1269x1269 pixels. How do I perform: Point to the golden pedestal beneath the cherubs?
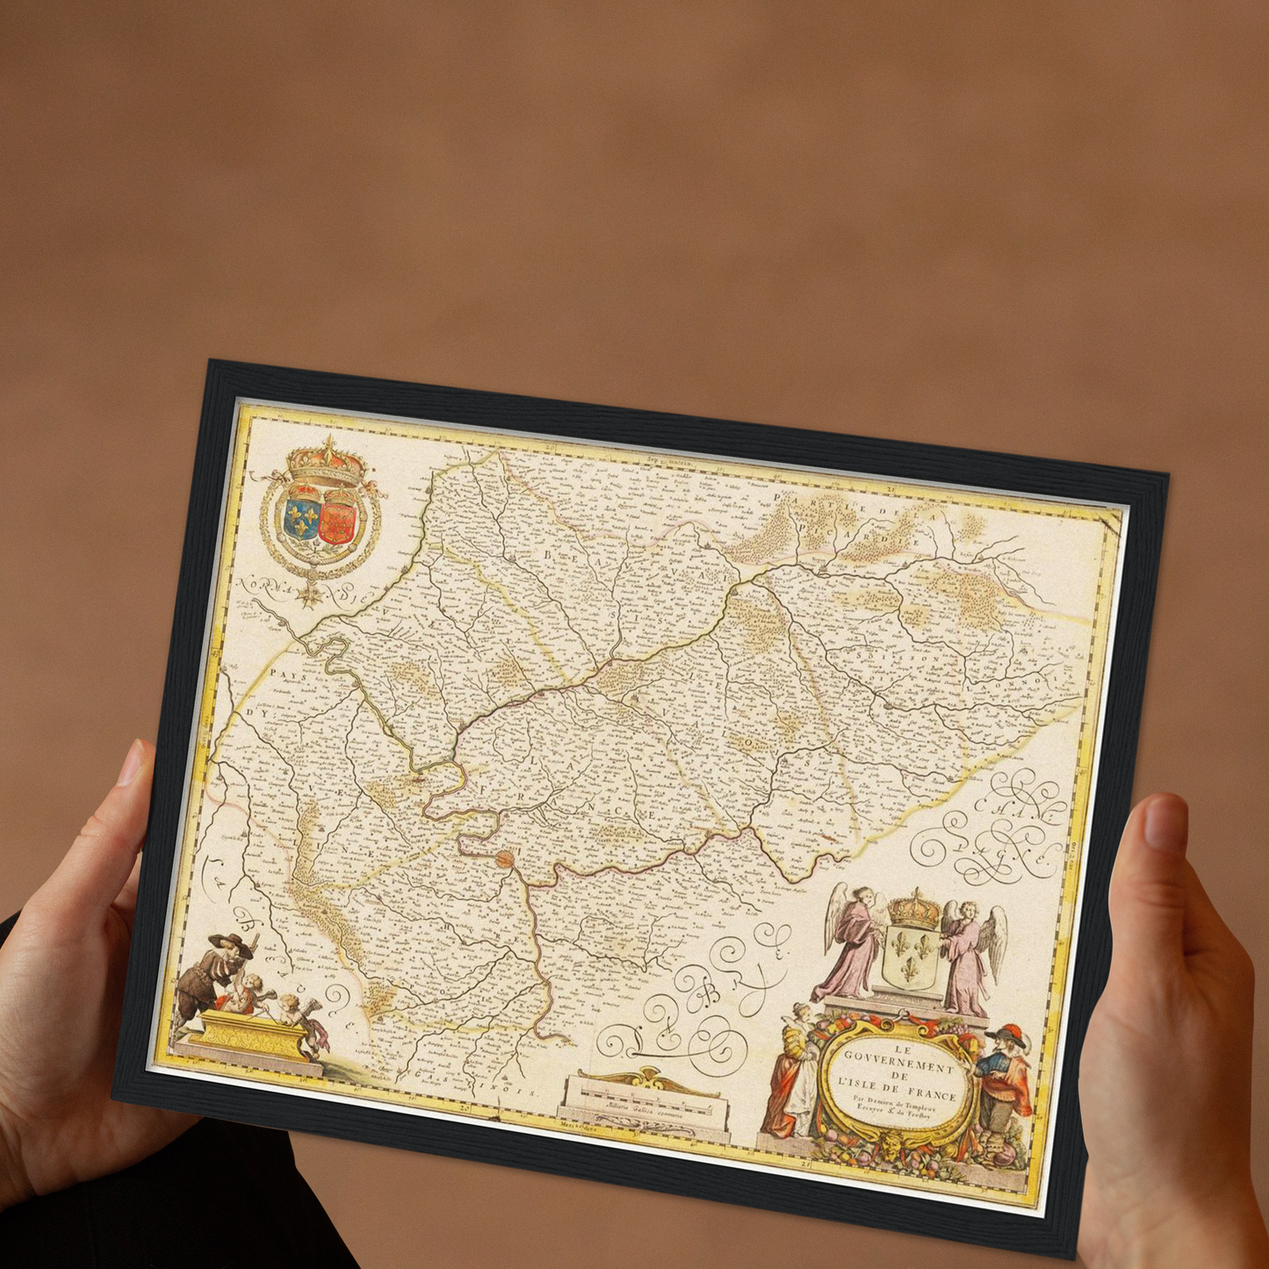tap(249, 1036)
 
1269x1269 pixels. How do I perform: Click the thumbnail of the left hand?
tap(132, 765)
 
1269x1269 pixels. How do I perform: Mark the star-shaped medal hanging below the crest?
tap(309, 595)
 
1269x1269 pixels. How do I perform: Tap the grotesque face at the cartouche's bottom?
tap(891, 1143)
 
